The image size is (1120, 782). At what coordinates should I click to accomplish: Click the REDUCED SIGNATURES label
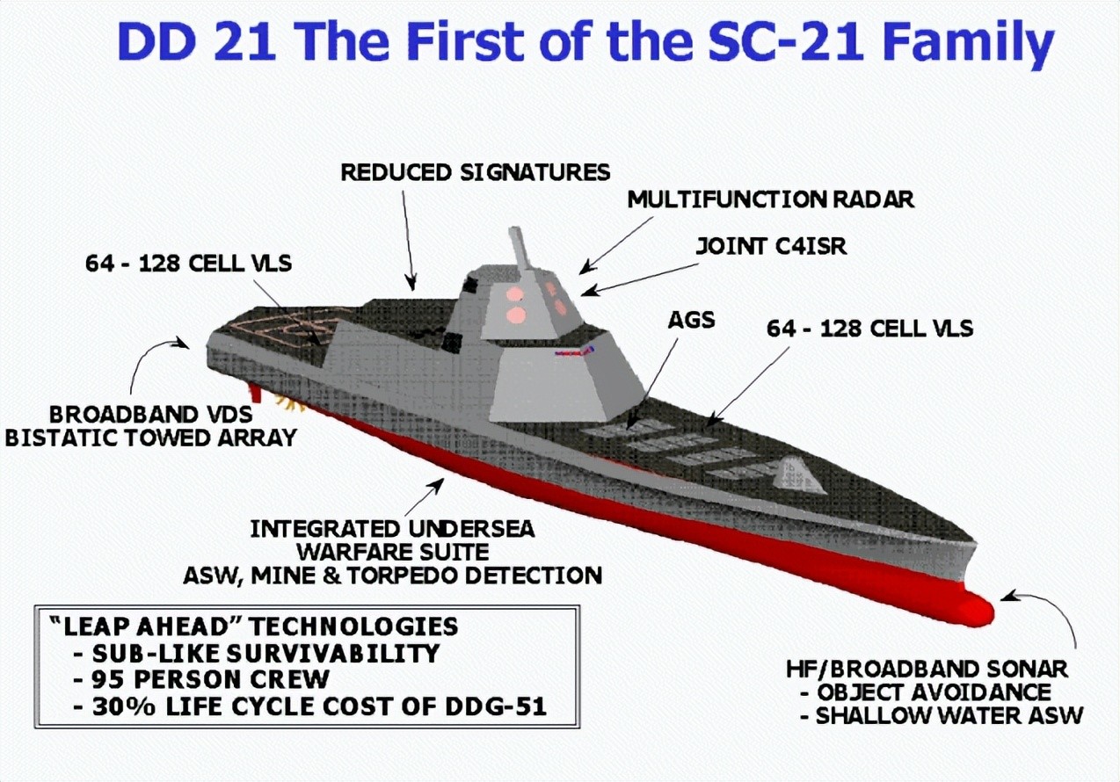pos(475,172)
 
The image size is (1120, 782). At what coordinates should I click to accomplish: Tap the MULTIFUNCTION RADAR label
pos(770,199)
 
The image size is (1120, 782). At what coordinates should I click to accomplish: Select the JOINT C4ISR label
pos(772,246)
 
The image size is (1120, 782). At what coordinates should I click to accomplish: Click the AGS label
pos(692,320)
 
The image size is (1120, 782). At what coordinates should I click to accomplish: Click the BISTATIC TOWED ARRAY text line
pos(151,438)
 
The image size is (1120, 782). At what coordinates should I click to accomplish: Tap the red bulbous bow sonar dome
pos(970,610)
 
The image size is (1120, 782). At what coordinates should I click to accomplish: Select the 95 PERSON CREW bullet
pos(201,679)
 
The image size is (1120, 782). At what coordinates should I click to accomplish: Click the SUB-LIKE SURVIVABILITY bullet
pos(256,653)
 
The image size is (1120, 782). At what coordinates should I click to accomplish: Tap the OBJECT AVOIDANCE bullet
pos(926,692)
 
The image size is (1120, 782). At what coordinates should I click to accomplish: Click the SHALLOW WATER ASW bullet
pos(941,715)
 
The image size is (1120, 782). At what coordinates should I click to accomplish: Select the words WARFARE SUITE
pos(392,552)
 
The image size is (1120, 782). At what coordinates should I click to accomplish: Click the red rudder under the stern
pos(255,394)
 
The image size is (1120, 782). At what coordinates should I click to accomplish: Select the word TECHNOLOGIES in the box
pos(353,626)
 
